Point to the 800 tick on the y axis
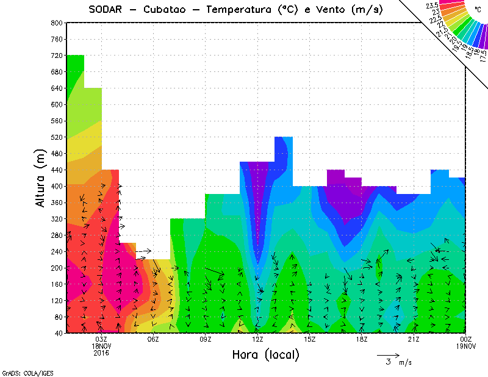coord(57,23)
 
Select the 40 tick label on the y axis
coord(59,333)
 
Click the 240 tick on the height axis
coord(57,251)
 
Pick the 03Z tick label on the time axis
coord(101,339)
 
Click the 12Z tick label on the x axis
coord(257,339)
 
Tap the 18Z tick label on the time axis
coord(362,339)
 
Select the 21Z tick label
coord(414,339)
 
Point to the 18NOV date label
coord(101,345)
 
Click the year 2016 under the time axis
coord(101,352)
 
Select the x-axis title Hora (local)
coord(265,354)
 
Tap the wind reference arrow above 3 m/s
coord(387,354)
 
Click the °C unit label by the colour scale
coord(478,9)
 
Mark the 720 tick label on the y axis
coord(57,56)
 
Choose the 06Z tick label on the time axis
coord(153,339)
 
